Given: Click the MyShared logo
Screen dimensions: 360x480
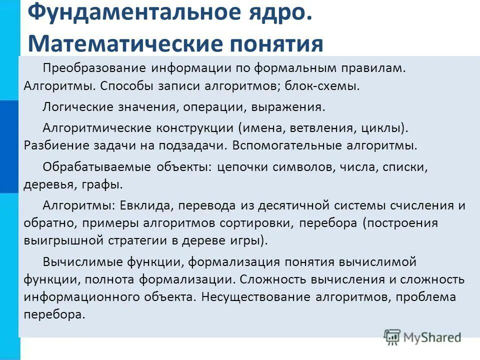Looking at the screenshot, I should [x=423, y=336].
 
